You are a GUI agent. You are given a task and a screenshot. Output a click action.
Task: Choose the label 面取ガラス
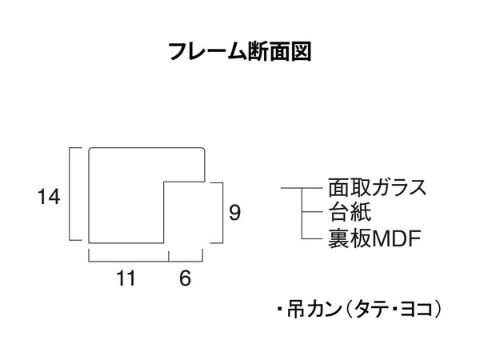coord(376,189)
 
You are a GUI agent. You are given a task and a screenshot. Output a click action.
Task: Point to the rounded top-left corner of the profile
coord(91,150)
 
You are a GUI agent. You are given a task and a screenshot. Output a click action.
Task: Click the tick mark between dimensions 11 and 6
coord(168,255)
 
